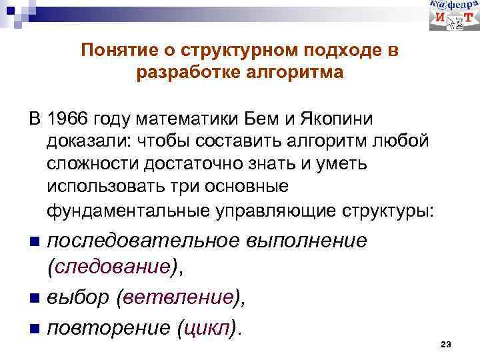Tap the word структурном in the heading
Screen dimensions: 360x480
coord(233,51)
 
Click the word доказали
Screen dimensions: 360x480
coord(89,142)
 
